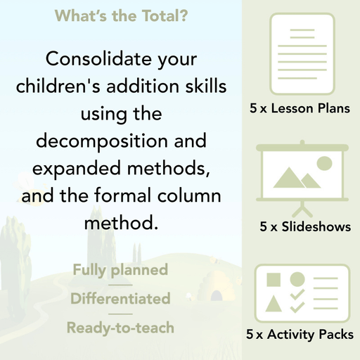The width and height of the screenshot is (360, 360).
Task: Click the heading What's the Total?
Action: tap(120, 15)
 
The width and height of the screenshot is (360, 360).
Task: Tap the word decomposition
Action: tap(101, 141)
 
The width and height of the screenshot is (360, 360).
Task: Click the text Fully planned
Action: tap(120, 270)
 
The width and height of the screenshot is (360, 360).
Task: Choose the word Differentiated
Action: tap(120, 299)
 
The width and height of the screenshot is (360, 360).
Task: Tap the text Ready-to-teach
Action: tap(120, 327)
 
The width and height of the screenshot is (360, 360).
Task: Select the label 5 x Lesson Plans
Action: tap(300, 109)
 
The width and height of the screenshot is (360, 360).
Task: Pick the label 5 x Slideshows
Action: tap(305, 227)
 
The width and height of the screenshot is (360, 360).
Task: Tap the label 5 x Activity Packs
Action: tap(300, 335)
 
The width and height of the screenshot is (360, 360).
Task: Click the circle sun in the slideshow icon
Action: tap(324, 163)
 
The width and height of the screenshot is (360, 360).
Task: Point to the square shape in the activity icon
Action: tap(274, 279)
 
